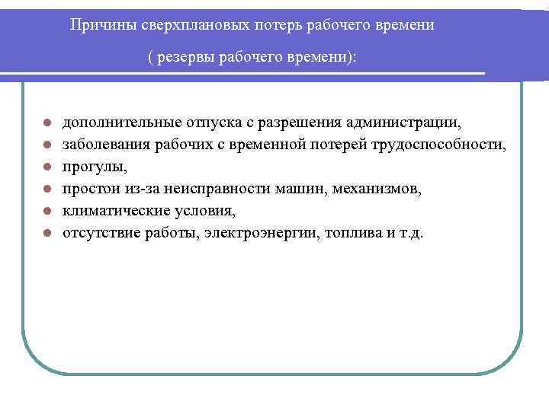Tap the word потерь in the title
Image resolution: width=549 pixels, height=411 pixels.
(245, 25)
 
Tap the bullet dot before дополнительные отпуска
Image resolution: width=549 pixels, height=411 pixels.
(47, 123)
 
